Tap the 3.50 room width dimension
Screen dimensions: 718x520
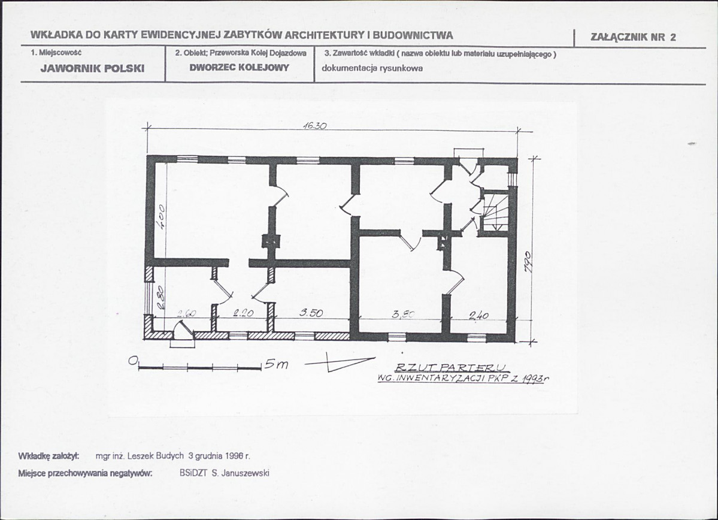pos(311,313)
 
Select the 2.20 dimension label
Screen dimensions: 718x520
pos(243,313)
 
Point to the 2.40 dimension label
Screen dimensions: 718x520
pos(479,315)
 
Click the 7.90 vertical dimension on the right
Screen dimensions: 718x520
pos(528,262)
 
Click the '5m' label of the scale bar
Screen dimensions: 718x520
pos(276,364)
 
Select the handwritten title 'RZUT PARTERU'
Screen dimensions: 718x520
pos(451,367)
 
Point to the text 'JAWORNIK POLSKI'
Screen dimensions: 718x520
pos(92,68)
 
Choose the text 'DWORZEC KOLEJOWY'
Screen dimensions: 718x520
pos(240,67)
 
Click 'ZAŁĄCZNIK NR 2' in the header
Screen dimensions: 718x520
pos(633,37)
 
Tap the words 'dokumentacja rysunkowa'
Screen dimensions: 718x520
pos(372,68)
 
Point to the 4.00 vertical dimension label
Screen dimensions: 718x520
pos(163,215)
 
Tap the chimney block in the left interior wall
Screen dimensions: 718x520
pos(271,241)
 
